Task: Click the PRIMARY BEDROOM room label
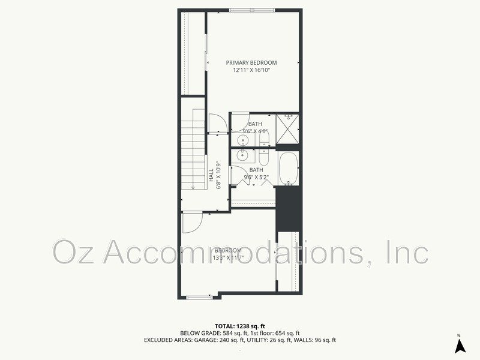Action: [x=251, y=63]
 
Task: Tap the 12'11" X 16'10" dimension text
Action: [x=251, y=70]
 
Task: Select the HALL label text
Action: [x=211, y=175]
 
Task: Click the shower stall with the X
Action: [x=288, y=131]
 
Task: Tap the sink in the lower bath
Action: [x=242, y=156]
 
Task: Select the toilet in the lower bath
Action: [x=265, y=157]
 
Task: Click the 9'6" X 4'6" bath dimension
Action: [x=255, y=131]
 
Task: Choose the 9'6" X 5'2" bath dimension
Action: [x=256, y=177]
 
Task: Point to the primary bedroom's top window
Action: [x=252, y=10]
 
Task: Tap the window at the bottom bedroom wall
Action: [x=199, y=296]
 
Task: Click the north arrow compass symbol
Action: [x=459, y=344]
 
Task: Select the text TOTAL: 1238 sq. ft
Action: [x=240, y=326]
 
